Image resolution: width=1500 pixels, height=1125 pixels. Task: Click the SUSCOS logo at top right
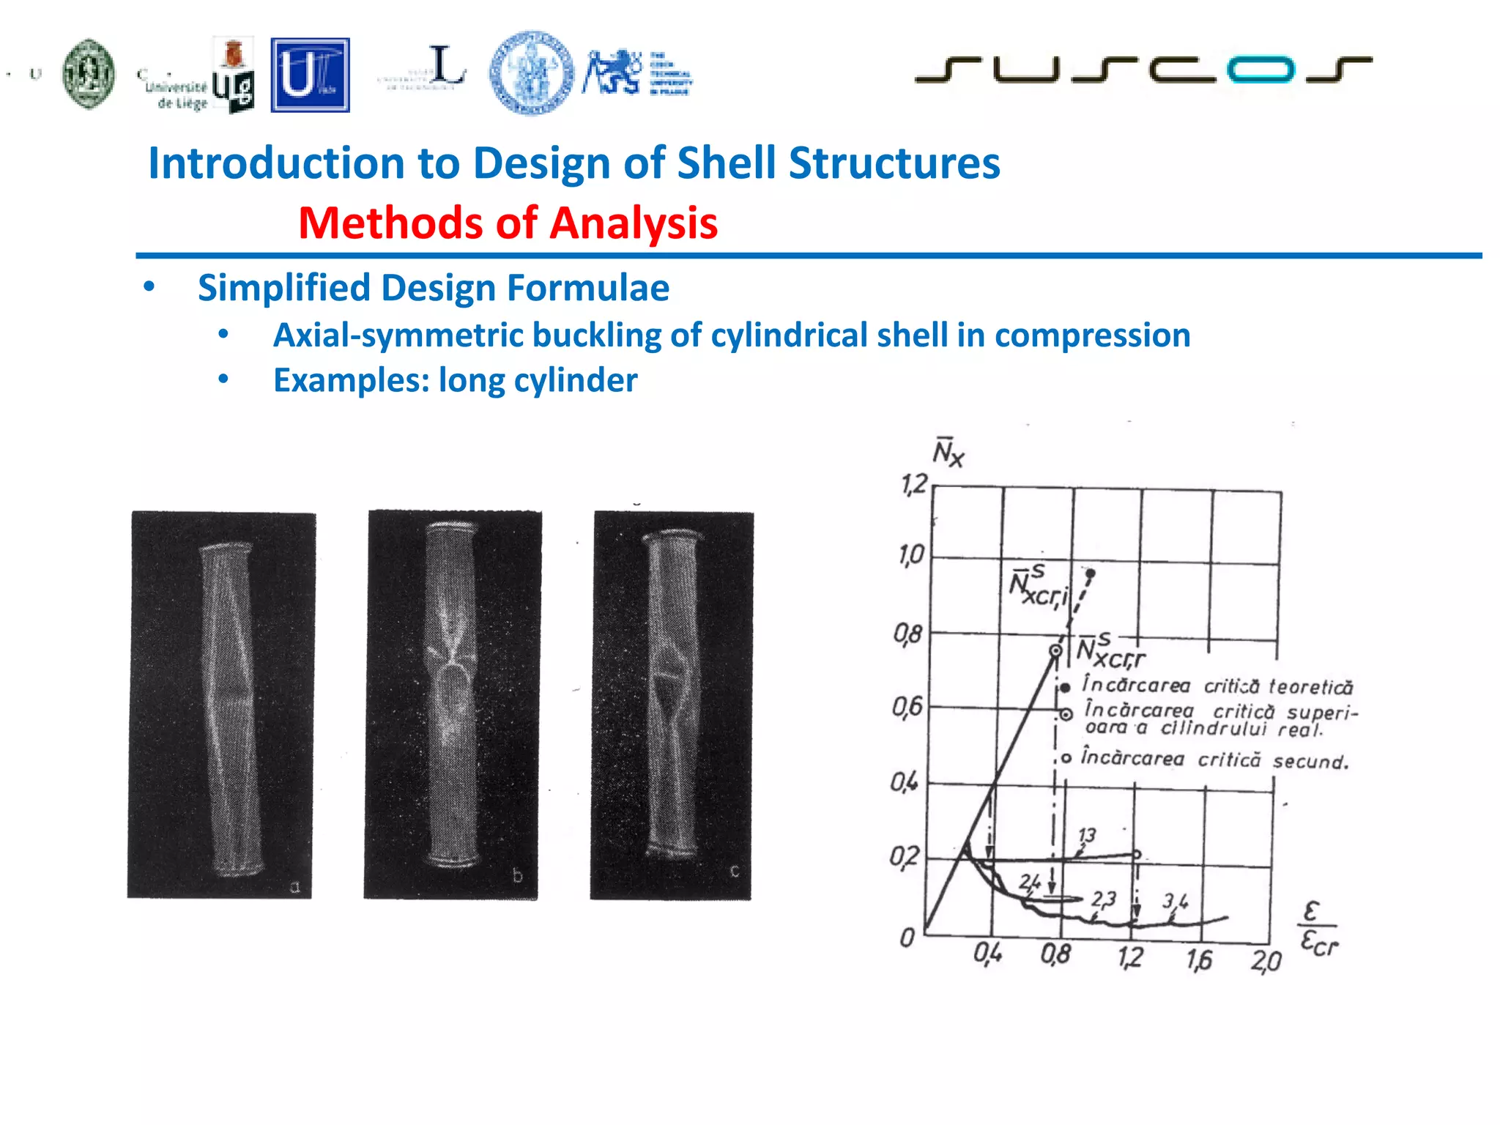(x=1143, y=70)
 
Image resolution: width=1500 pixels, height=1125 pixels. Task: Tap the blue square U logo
(x=310, y=75)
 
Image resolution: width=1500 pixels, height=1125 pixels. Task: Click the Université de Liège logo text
(x=176, y=94)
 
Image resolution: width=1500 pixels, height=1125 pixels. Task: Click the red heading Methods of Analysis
(x=508, y=223)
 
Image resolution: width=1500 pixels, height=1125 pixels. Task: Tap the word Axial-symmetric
(x=398, y=335)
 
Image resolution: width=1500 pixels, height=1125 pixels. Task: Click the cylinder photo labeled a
(x=222, y=705)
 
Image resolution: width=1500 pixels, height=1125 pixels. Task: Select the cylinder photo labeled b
(x=453, y=705)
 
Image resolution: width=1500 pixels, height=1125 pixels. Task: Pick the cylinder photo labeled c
(x=672, y=705)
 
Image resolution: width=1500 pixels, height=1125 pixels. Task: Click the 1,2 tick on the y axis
(x=913, y=484)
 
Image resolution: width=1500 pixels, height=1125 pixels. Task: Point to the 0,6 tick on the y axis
(x=907, y=708)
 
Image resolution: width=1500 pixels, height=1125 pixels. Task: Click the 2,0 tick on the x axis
(x=1266, y=960)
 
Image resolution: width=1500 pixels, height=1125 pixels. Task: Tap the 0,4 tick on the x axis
(x=987, y=954)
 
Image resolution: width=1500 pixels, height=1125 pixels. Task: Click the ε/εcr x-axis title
(x=1318, y=929)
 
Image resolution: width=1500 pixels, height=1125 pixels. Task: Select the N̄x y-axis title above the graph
(x=948, y=452)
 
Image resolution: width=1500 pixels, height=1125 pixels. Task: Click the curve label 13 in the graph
(x=1087, y=835)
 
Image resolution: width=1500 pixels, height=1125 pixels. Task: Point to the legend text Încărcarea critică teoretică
(x=1217, y=686)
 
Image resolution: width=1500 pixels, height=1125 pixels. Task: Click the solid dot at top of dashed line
(x=1091, y=573)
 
